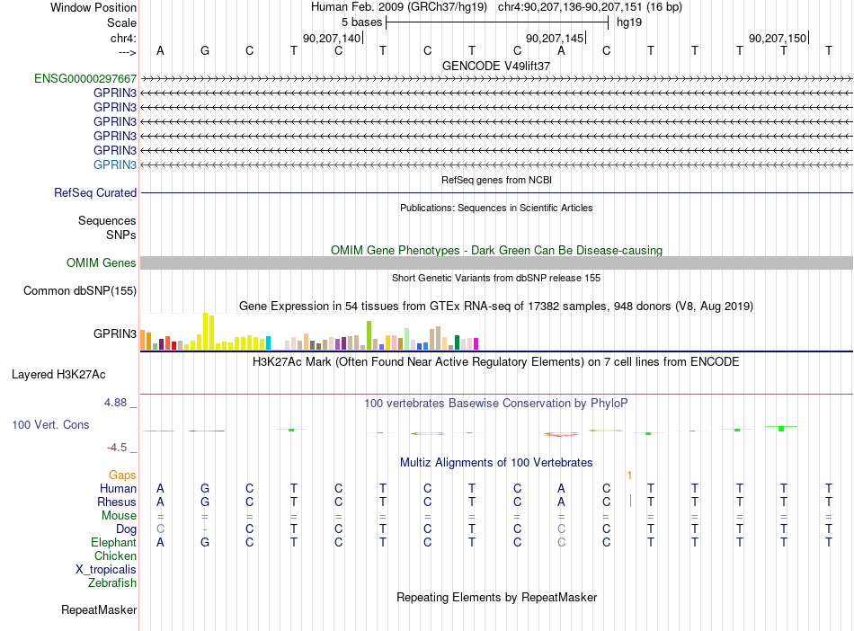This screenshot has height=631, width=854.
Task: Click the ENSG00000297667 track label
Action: [x=85, y=78]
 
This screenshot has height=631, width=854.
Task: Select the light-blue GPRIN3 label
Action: [x=115, y=164]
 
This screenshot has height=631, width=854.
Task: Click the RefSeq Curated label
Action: [x=95, y=192]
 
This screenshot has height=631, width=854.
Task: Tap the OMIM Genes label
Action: [x=102, y=263]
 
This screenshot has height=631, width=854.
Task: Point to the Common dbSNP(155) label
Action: [x=80, y=290]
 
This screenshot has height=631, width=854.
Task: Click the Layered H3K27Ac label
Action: [x=58, y=375]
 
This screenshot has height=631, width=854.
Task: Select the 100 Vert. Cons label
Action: [x=50, y=424]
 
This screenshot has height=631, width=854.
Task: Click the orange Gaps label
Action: [x=122, y=475]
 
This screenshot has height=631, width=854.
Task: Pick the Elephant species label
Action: [x=114, y=542]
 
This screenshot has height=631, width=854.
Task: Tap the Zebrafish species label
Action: [x=112, y=582]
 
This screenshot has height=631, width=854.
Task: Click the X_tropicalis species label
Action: [x=106, y=570]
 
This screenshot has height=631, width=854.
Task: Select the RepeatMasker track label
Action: [x=99, y=609]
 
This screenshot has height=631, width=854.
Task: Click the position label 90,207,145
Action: [x=555, y=38]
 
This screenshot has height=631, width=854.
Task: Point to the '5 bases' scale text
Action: [x=361, y=22]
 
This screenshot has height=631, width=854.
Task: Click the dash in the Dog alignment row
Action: [x=205, y=529]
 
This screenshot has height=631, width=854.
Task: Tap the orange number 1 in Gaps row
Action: [x=629, y=475]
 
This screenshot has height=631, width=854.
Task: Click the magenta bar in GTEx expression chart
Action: [x=476, y=343]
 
